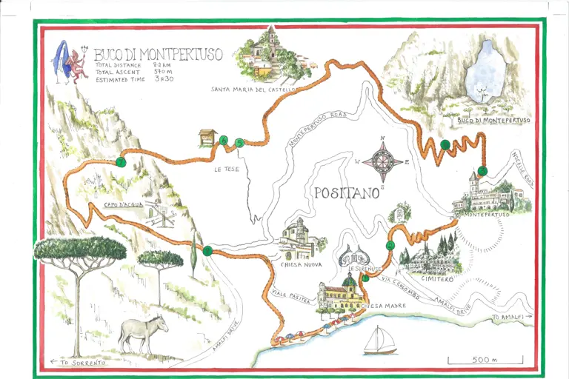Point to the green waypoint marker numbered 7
(x=121, y=163)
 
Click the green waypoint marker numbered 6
(x=223, y=138)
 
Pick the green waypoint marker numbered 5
(x=239, y=143)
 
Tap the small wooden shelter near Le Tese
(x=207, y=138)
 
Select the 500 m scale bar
(x=485, y=360)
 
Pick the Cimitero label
(x=437, y=279)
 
